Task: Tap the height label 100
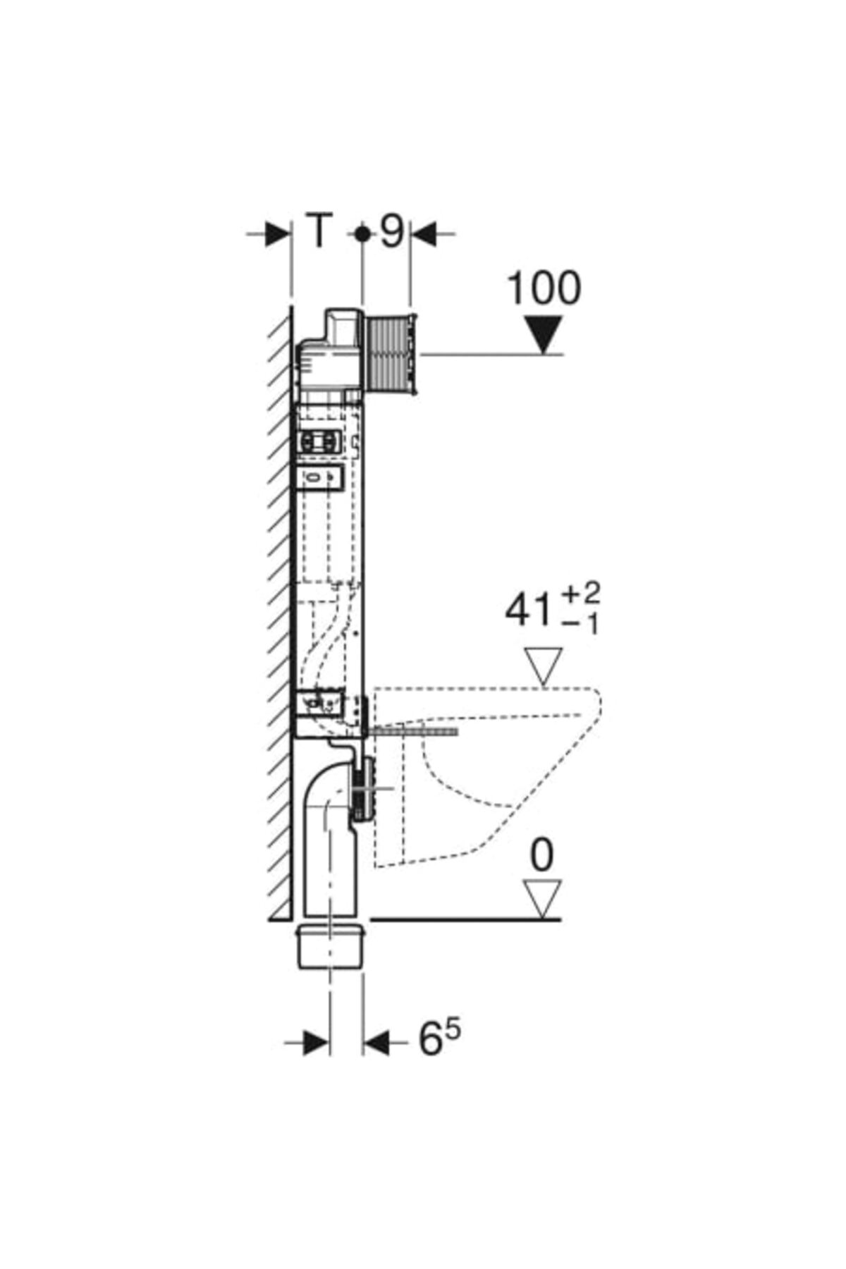pyautogui.click(x=544, y=288)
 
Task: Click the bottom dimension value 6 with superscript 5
pyautogui.click(x=441, y=1038)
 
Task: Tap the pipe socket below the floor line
pyautogui.click(x=331, y=945)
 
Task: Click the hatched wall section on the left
pyautogui.click(x=280, y=613)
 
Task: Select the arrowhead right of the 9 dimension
pyautogui.click(x=424, y=233)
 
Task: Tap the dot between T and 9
pyautogui.click(x=362, y=233)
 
